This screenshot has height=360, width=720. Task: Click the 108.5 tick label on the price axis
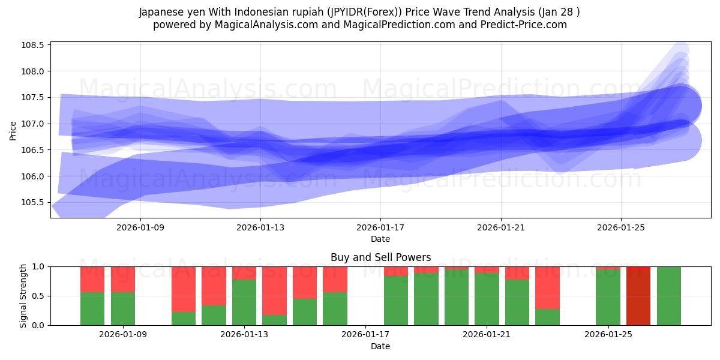34,46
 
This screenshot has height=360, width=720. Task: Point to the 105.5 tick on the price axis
34,202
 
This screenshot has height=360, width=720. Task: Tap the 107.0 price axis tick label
34,124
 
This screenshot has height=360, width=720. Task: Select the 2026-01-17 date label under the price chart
380,227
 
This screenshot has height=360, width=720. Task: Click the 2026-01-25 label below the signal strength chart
609,335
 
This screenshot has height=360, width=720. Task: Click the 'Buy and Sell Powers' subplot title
380,257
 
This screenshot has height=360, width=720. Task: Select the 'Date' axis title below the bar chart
380,346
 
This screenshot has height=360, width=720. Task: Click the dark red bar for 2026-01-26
638,296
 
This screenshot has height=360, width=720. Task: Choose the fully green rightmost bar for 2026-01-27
669,296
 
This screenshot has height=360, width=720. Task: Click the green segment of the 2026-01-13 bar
244,302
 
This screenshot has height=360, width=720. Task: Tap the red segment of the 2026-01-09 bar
123,279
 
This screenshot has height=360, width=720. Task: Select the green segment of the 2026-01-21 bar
487,299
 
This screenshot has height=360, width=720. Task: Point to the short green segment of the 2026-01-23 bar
547,317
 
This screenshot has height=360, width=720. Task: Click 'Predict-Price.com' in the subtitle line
522,25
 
